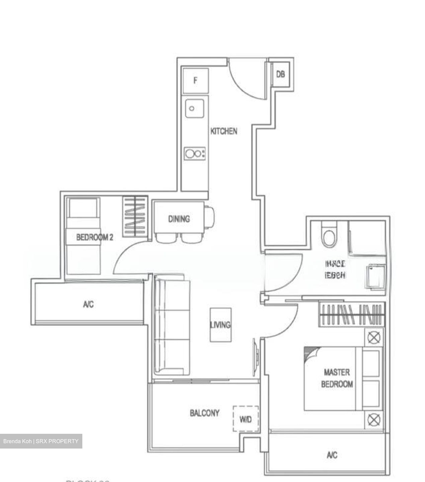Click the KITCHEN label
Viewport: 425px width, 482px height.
[224, 131]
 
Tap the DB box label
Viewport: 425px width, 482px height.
[280, 74]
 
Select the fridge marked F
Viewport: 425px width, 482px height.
[195, 81]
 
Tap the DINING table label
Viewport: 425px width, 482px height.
[179, 219]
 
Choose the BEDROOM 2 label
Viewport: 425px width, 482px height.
[94, 237]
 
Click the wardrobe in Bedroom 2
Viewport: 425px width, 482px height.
[135, 217]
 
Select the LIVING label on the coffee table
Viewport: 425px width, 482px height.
[220, 325]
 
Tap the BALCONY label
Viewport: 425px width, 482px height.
[204, 413]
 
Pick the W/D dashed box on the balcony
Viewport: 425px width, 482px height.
[246, 419]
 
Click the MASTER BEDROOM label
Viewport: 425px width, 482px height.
[337, 378]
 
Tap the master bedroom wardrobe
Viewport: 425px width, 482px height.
[351, 314]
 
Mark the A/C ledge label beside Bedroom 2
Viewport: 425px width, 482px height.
[88, 304]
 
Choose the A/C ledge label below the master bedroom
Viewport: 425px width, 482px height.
[332, 455]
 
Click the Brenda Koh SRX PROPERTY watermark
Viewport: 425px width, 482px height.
[41, 441]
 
